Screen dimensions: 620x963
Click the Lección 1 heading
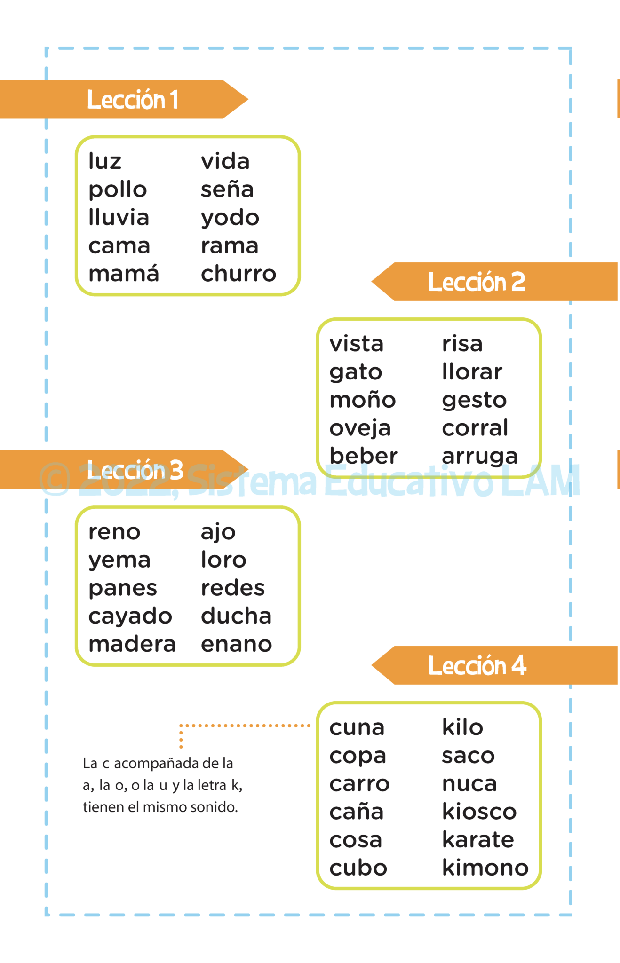(x=133, y=100)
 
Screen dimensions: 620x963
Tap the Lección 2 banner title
(x=477, y=282)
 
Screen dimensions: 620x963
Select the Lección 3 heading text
(x=135, y=470)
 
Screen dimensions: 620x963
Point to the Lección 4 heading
(x=477, y=665)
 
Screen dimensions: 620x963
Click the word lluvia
(x=119, y=217)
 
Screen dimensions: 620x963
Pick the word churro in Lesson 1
(x=238, y=274)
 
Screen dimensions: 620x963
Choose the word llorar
(x=472, y=371)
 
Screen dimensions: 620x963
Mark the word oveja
(x=360, y=428)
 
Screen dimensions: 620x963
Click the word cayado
(x=130, y=617)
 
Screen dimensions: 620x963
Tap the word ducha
(x=236, y=616)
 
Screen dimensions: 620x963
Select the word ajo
(x=218, y=533)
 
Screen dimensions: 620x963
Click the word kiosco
(x=479, y=811)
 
